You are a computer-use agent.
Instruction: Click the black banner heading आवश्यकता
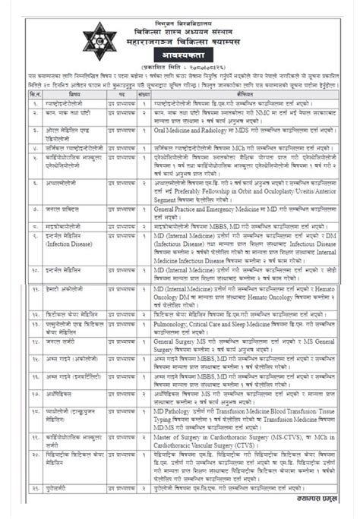point(180,56)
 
